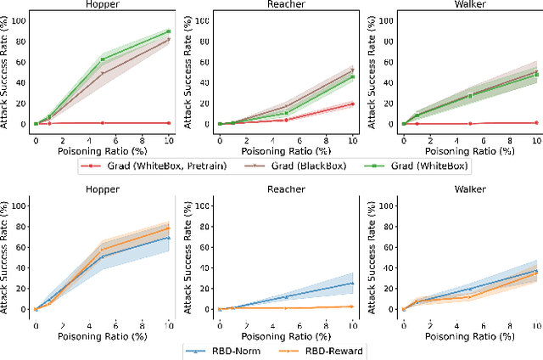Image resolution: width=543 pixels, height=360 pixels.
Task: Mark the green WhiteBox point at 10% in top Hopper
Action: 168,31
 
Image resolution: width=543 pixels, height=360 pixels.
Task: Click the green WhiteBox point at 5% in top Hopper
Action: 102,59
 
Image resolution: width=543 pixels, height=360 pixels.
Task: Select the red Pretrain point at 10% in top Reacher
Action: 352,104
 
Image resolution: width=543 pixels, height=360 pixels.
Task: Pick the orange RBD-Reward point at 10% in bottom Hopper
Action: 168,228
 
